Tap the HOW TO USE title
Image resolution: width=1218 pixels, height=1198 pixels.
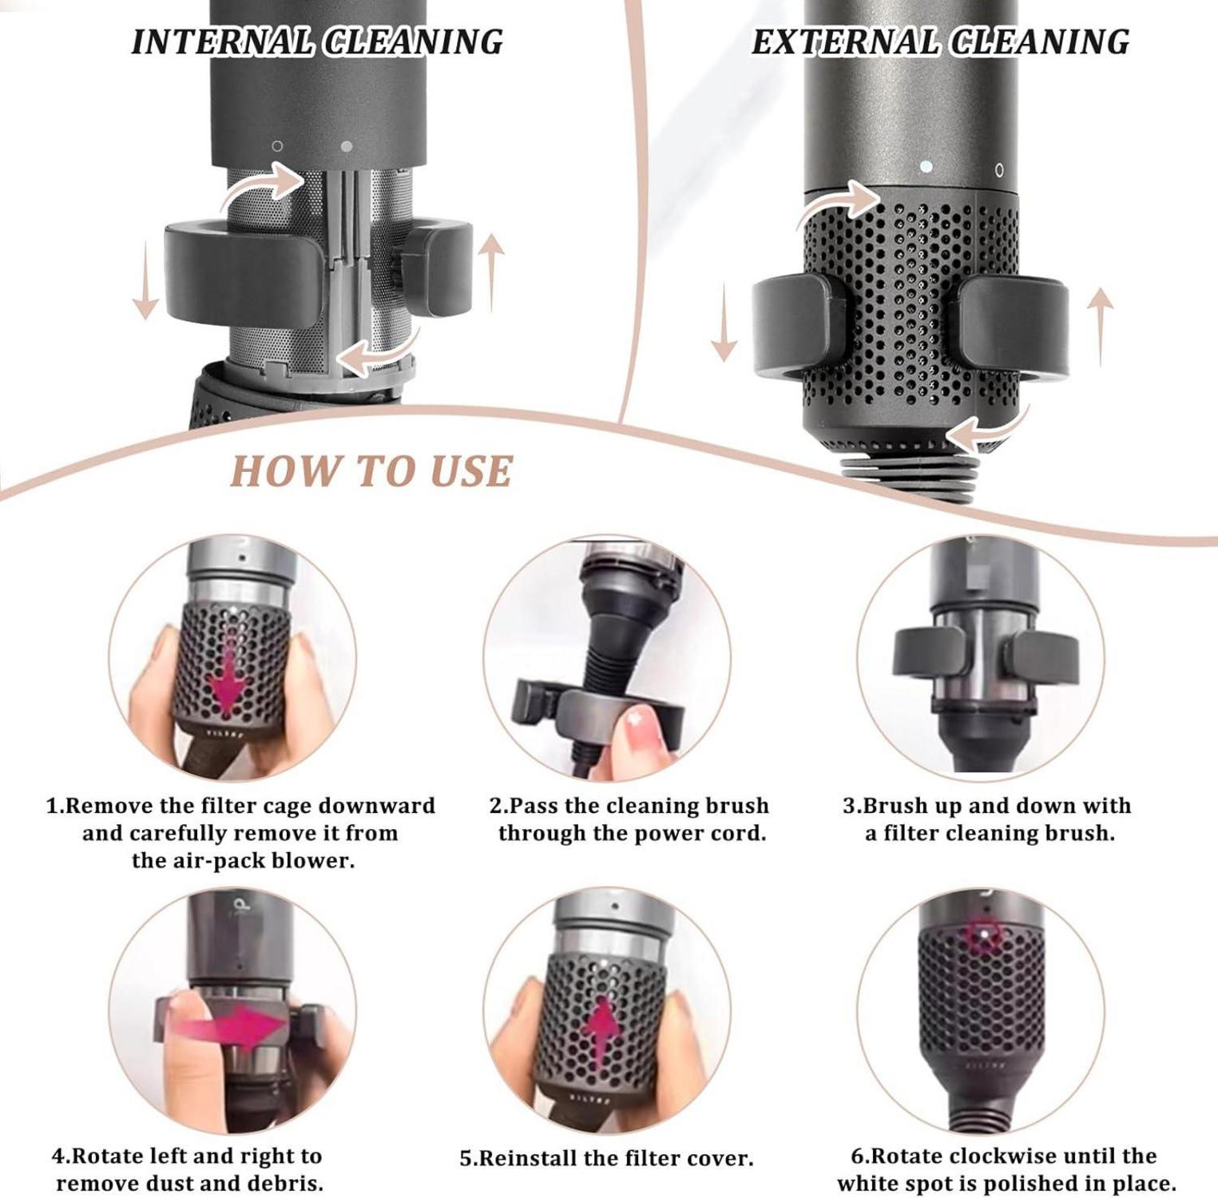click(371, 471)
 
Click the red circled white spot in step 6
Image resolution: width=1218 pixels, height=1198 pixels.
click(984, 935)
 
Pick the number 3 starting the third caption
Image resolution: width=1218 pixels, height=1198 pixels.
click(849, 805)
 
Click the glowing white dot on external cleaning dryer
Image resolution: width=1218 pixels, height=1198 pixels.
click(926, 167)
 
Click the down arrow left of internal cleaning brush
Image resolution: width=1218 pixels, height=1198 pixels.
click(145, 283)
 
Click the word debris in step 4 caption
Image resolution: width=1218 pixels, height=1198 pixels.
click(286, 1183)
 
